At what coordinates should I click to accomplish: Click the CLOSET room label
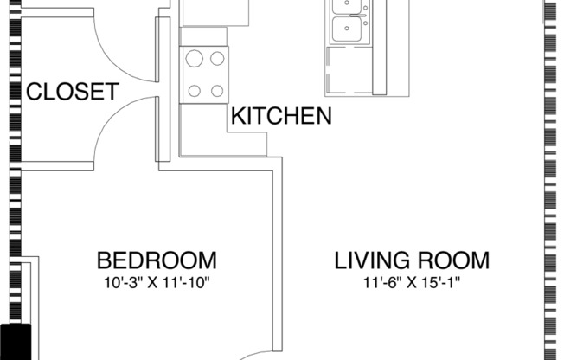pos(71,92)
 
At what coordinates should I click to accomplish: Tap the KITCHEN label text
pos(281,116)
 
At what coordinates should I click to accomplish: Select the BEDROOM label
pos(156,260)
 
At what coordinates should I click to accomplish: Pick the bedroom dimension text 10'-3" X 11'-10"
pos(156,282)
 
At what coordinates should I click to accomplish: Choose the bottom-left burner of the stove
pos(195,89)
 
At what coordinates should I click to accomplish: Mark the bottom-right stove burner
pos(215,89)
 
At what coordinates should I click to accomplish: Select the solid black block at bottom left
pos(15,341)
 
